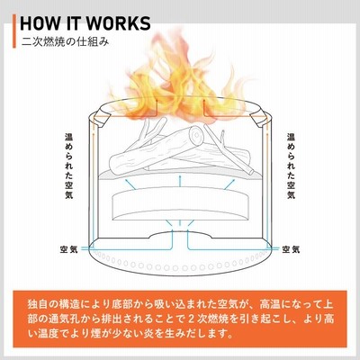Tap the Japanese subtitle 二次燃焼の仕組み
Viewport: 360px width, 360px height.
click(66, 42)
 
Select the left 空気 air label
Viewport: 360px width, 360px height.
click(68, 249)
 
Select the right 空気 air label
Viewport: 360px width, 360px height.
click(291, 249)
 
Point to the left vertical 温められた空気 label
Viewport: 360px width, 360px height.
click(69, 166)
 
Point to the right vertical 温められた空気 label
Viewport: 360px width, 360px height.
click(291, 166)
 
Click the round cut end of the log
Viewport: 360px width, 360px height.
click(196, 136)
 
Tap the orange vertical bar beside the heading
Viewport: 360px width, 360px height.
click(14, 31)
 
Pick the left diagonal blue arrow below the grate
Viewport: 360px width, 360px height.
click(130, 184)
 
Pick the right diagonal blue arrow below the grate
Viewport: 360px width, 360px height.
click(229, 184)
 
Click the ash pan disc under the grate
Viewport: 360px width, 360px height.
click(180, 204)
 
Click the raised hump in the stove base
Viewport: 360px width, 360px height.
click(180, 234)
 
